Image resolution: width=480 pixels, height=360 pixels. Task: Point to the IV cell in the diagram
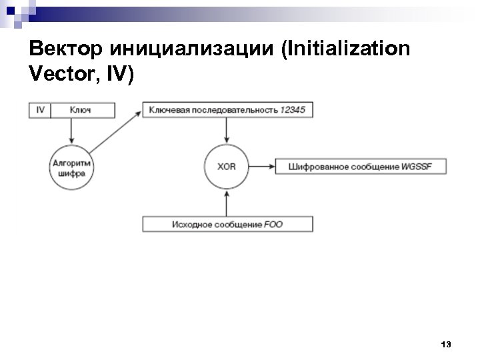[40, 110]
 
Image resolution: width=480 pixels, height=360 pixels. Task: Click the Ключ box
[81, 110]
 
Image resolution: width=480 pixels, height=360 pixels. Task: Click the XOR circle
[227, 165]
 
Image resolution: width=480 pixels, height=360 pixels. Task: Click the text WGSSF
[418, 166]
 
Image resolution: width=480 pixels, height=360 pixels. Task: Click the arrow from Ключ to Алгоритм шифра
[71, 130]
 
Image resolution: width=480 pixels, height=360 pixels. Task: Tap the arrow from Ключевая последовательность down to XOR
[227, 130]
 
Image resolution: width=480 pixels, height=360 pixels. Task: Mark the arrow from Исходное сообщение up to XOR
[227, 201]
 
